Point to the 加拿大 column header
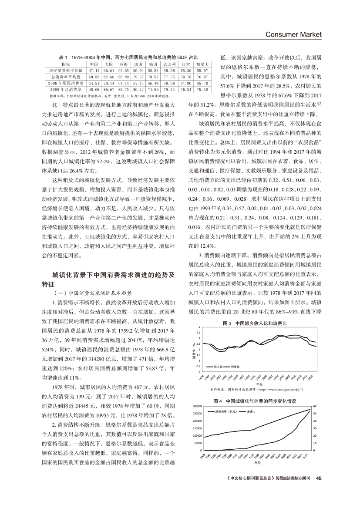tap(202, 64)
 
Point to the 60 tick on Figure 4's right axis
tap(314, 406)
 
